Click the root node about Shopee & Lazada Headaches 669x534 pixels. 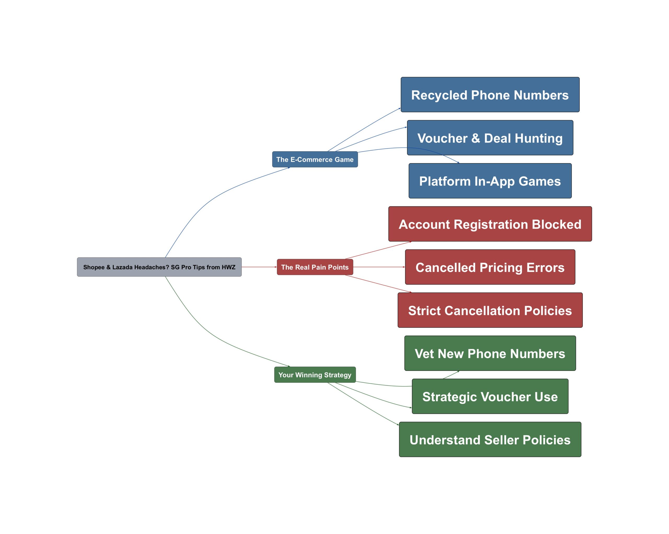point(159,267)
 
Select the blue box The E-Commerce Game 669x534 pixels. point(315,159)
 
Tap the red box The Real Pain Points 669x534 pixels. point(315,267)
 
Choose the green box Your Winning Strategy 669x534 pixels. point(315,375)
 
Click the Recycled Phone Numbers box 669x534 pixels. point(490,95)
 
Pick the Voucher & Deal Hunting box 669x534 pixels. point(490,138)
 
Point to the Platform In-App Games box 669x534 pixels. point(490,181)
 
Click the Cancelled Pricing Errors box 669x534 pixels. point(490,267)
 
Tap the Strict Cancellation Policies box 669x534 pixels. point(490,310)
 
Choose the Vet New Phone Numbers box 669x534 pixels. point(490,353)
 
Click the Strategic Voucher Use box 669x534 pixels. point(490,396)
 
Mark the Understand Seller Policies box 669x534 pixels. point(490,439)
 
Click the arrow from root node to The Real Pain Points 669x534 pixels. point(259,267)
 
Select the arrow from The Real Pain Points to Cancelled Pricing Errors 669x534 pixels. point(379,267)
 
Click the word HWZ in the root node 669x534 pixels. point(228,267)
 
